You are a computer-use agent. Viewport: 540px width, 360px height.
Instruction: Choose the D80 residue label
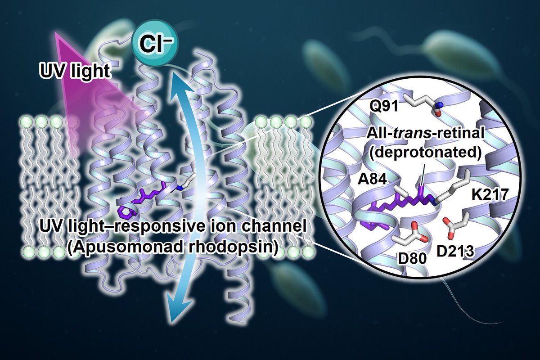click(410, 260)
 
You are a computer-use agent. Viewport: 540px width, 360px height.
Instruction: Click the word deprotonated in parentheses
click(425, 151)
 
